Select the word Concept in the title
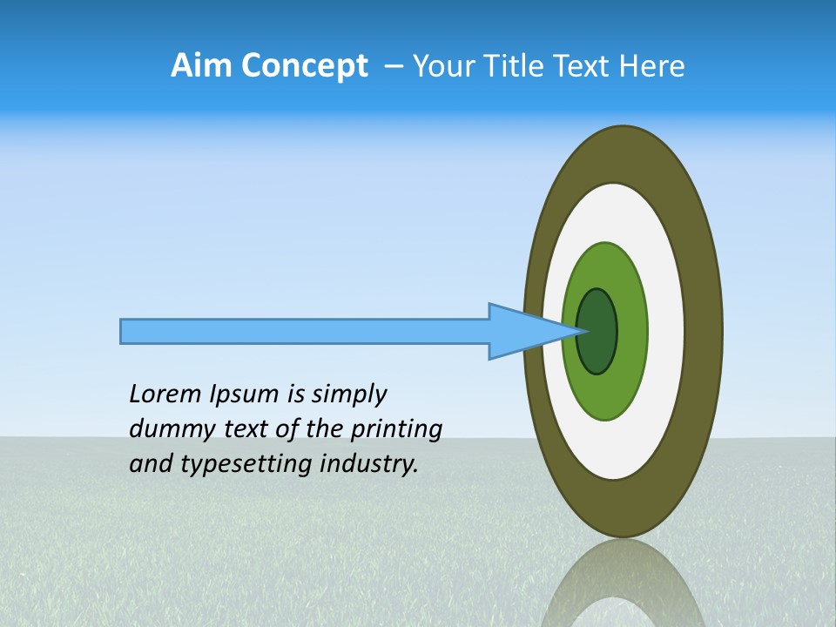[304, 66]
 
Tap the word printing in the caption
[395, 429]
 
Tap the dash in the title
[394, 66]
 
